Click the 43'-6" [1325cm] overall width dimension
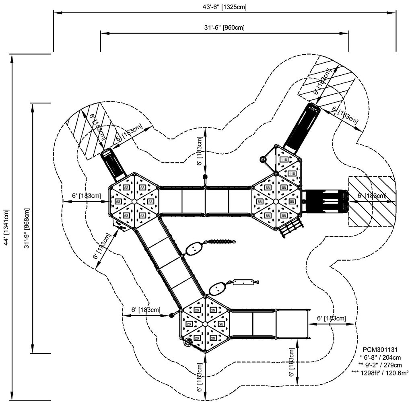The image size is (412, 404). coord(224,7)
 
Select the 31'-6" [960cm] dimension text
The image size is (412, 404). coord(224,27)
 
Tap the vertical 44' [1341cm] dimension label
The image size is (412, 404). coord(5,228)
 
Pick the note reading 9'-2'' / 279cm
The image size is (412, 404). coord(379,365)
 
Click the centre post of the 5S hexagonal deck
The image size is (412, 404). coord(134,201)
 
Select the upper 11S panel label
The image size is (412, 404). coord(284,160)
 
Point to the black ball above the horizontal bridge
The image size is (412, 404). coord(205,177)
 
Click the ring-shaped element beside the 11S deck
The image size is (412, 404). coord(264,159)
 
